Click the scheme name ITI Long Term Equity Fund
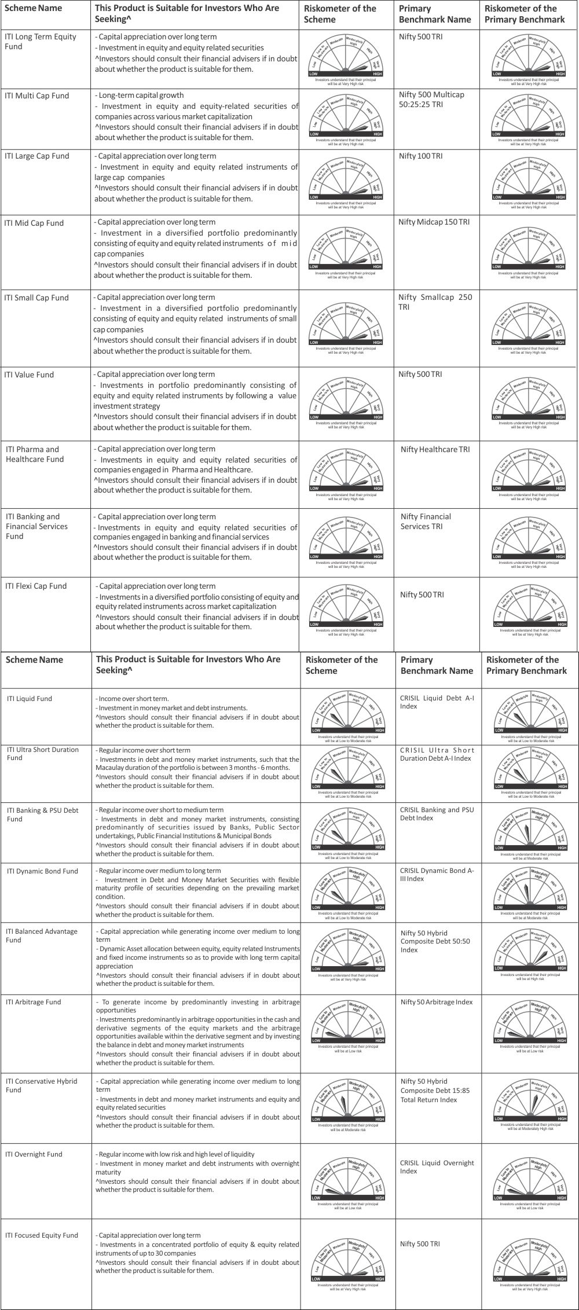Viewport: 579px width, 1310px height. pos(40,42)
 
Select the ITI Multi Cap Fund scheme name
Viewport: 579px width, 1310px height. pos(36,96)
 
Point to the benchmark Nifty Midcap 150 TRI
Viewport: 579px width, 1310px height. pos(434,222)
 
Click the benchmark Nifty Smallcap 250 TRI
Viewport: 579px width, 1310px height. pos(435,302)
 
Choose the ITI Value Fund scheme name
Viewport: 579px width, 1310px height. pos(29,375)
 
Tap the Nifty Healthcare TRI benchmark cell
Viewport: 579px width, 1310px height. pos(435,450)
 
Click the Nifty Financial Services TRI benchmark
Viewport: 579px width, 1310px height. pos(426,522)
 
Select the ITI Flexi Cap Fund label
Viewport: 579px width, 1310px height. pos(36,586)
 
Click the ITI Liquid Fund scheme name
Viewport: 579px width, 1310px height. pos(30,699)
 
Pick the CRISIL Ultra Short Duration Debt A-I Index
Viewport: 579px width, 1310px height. pos(437,754)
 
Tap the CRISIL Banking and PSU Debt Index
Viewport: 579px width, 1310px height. pos(437,814)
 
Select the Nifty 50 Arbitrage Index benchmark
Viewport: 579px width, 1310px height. pos(436,1002)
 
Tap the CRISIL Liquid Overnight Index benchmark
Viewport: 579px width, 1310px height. pos(437,1167)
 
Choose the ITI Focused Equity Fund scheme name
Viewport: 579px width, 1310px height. pos(42,1235)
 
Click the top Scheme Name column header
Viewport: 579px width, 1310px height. pos(33,9)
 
